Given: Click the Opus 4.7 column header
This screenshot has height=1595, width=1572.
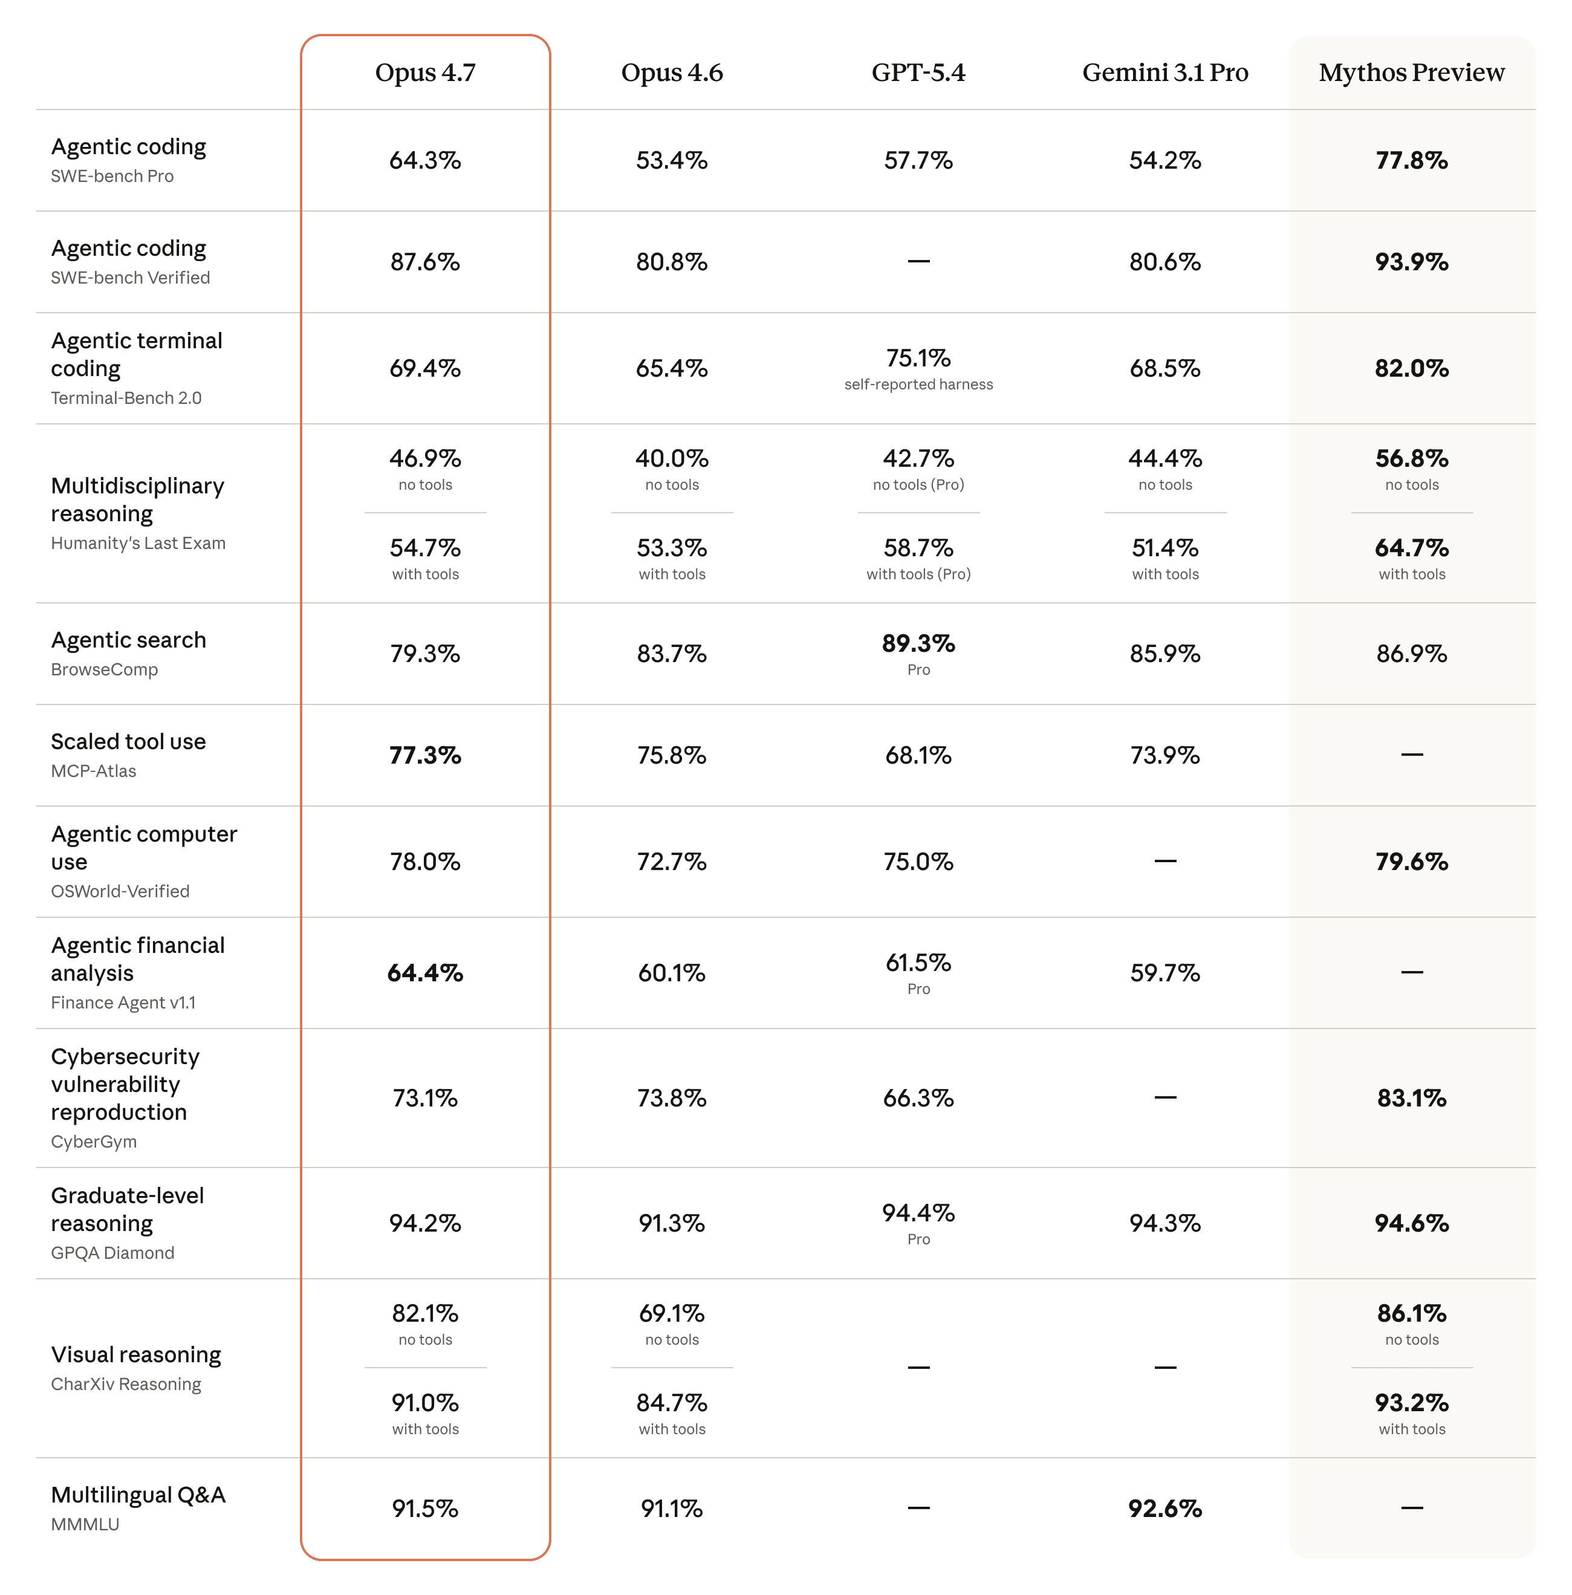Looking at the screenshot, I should pos(425,73).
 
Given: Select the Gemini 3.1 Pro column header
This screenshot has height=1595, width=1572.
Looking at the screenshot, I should pos(1165,73).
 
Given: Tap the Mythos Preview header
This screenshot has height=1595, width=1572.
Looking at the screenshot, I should pos(1411,73).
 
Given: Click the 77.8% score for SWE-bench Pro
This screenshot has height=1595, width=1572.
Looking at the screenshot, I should pos(1411,160).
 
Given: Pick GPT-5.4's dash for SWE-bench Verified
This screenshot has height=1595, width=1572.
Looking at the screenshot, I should pos(918,262).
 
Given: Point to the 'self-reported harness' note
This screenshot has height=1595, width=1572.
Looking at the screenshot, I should pos(918,385).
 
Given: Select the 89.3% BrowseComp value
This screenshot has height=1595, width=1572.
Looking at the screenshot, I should pos(918,643).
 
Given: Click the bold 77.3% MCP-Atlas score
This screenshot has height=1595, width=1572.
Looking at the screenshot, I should pos(425,755).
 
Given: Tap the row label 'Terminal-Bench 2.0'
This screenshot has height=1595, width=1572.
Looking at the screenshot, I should pos(126,398).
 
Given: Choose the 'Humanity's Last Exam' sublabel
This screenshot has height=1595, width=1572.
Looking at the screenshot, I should pos(138,543).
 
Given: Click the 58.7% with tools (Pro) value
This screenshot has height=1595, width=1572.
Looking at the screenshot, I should pos(918,548).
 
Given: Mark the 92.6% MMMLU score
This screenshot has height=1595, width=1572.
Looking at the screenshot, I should pos(1165,1509).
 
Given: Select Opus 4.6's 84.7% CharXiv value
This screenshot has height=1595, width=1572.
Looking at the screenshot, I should pos(671,1403).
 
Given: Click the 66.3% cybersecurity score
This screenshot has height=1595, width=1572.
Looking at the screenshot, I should pos(918,1098).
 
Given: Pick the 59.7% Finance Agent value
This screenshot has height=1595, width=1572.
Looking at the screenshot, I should pos(1165,973).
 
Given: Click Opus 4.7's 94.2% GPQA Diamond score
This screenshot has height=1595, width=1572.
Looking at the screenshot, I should pos(425,1224).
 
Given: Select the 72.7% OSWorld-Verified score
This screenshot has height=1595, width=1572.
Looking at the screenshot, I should pos(671,862).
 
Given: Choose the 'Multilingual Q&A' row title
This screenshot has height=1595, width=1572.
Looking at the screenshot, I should pos(138,1495).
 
